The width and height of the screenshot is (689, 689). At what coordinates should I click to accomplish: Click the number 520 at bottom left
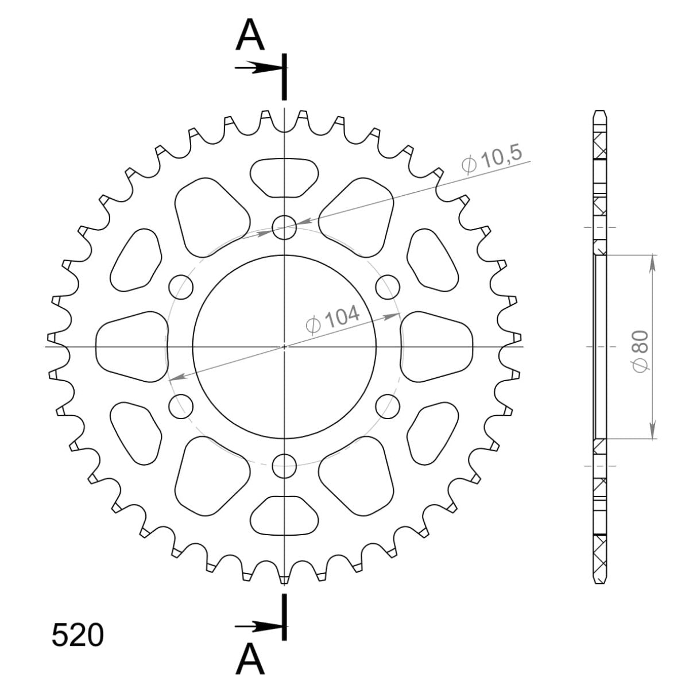click(78, 636)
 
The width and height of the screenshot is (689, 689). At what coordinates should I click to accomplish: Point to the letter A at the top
click(251, 36)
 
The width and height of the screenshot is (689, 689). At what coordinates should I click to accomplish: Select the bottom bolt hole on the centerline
click(284, 466)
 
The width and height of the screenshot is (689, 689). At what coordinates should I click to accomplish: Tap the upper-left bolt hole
click(181, 286)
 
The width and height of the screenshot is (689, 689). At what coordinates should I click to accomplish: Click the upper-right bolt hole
click(388, 286)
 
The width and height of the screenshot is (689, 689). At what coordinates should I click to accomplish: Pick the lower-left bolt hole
click(181, 405)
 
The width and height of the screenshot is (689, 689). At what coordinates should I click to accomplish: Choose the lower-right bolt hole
click(388, 405)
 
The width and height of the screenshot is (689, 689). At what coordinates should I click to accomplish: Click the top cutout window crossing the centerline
click(284, 177)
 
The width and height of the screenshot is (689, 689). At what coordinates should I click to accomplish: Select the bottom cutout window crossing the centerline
click(284, 514)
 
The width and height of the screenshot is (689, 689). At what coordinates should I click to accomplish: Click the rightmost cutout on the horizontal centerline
click(436, 347)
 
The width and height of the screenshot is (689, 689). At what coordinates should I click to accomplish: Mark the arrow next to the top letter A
click(258, 68)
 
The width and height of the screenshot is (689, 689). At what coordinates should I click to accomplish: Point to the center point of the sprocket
click(284, 346)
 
